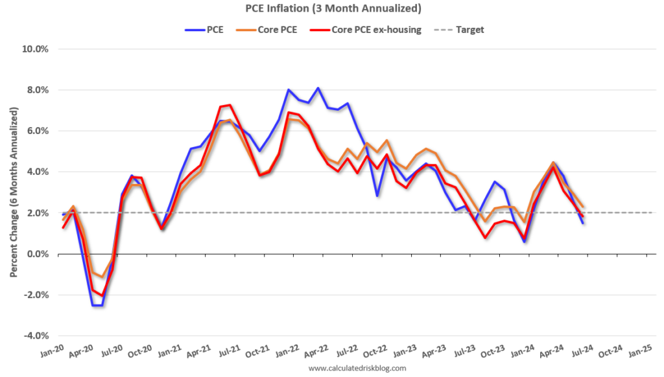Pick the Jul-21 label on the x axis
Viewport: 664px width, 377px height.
coord(231,351)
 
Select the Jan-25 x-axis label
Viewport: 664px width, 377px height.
coord(642,351)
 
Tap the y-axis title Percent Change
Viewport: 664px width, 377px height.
coord(13,192)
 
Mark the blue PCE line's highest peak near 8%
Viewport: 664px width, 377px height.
coord(318,88)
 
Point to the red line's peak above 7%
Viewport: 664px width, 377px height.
coord(230,105)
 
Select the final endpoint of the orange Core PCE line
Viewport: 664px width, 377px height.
coord(583,206)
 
